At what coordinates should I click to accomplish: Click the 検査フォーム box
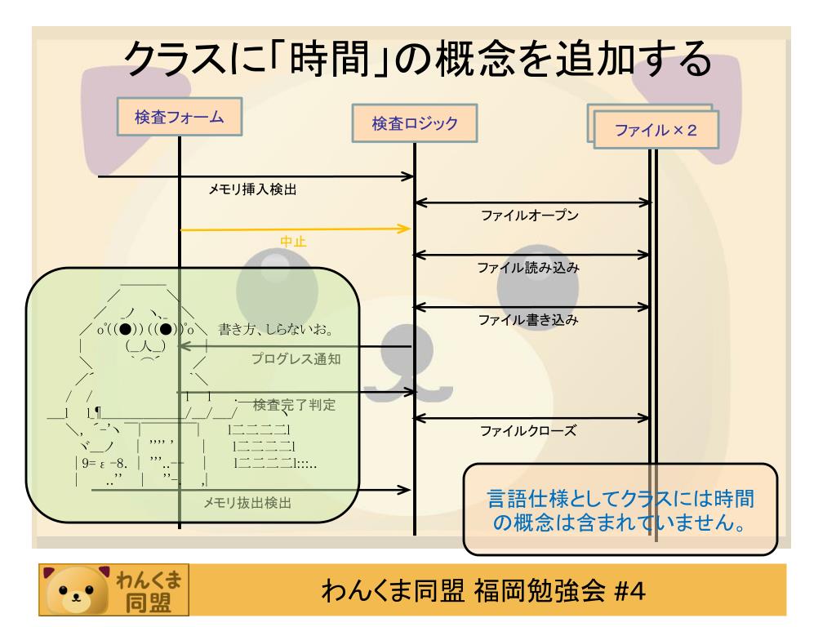180,117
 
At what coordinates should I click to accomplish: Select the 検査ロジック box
414,124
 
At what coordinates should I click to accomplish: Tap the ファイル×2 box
656,130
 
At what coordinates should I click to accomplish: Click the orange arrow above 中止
295,229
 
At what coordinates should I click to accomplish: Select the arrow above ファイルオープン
534,202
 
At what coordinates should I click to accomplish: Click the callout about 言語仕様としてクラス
619,508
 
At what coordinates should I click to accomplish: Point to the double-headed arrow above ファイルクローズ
534,419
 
